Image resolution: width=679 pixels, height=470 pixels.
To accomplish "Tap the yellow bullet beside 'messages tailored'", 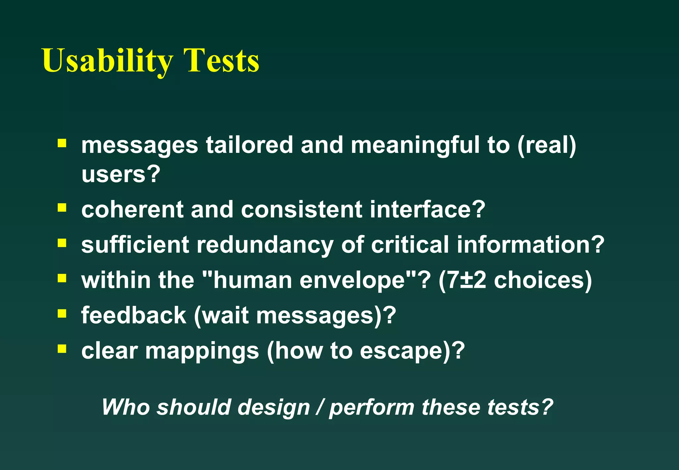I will pos(62,143).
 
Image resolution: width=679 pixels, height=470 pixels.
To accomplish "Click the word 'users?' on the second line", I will pos(121,174).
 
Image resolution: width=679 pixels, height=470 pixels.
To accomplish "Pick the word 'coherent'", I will pos(132,209).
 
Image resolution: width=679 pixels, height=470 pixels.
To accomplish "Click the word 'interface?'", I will pos(427,209).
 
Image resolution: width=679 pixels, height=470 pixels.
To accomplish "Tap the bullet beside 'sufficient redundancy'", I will pos(62,244).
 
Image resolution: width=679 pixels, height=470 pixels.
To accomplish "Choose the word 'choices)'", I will pos(543,280).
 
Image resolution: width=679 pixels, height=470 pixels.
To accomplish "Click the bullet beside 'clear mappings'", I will pos(62,349).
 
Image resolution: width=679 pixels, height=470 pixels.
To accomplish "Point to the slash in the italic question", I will pos(319,407).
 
